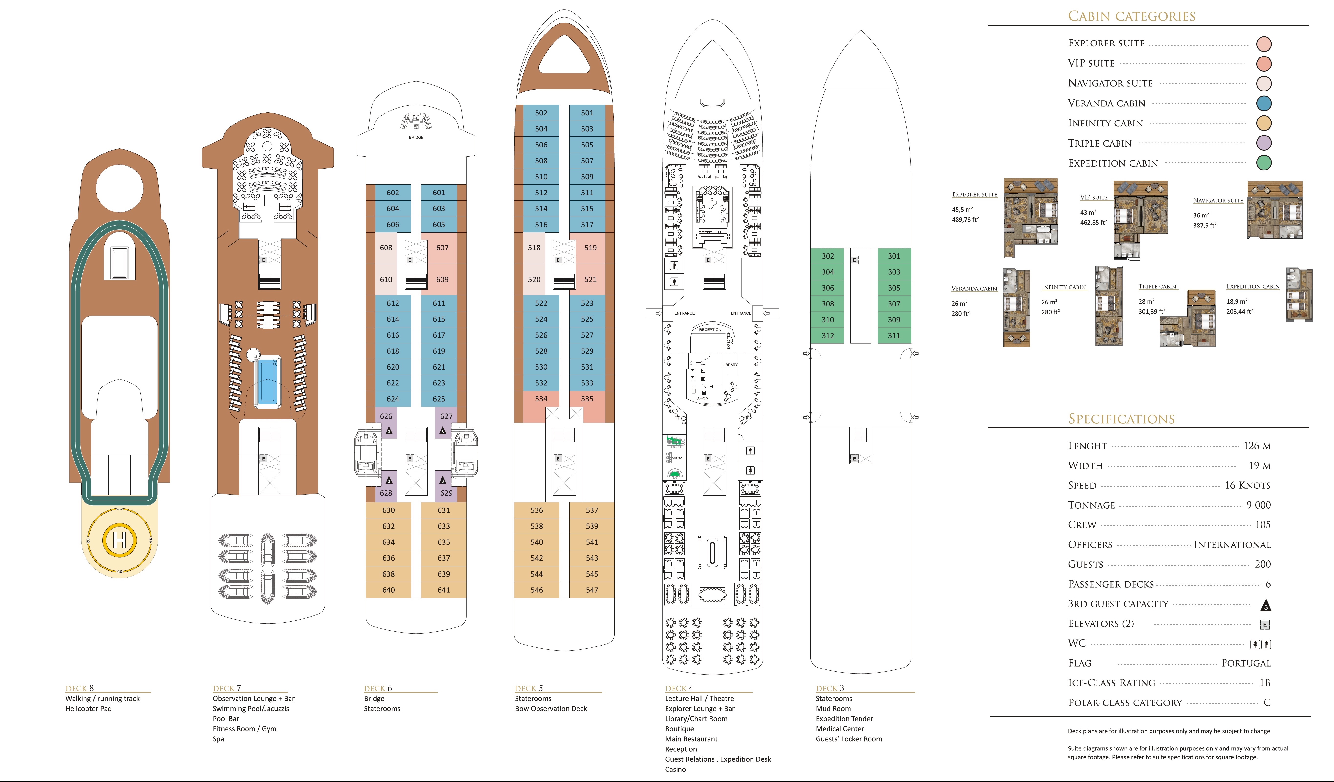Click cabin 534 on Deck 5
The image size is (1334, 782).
pyautogui.click(x=541, y=399)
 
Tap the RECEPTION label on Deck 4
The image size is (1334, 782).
pyautogui.click(x=710, y=329)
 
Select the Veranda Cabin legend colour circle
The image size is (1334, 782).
pyautogui.click(x=1264, y=103)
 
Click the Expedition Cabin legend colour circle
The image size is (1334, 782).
pyautogui.click(x=1264, y=163)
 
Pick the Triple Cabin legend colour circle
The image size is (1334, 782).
pyautogui.click(x=1264, y=143)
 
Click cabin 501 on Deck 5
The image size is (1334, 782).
pyautogui.click(x=587, y=113)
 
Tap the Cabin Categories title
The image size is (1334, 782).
pyautogui.click(x=1132, y=16)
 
